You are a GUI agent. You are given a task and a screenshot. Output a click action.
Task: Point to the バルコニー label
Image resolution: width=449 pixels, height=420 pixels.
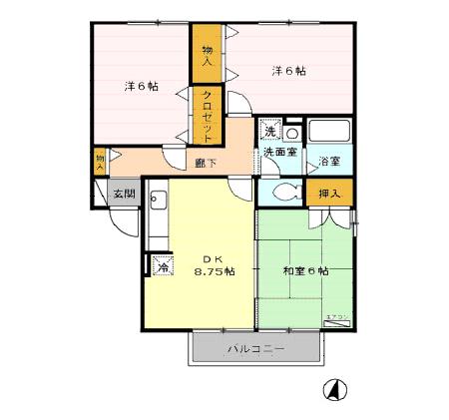click(256, 349)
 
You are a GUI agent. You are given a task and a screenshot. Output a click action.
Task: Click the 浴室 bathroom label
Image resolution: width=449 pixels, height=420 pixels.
click(328, 160)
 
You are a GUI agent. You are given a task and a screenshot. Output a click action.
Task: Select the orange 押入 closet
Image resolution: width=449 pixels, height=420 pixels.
click(329, 194)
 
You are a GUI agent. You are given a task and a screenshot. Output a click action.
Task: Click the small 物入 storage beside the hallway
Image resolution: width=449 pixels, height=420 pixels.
click(100, 161)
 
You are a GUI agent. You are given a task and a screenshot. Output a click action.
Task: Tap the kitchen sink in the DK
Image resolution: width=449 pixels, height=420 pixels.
click(158, 200)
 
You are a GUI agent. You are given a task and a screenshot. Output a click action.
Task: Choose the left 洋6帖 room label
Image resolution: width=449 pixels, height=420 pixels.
click(140, 87)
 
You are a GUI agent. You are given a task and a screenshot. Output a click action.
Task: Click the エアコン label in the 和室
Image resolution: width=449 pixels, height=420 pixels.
click(336, 316)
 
